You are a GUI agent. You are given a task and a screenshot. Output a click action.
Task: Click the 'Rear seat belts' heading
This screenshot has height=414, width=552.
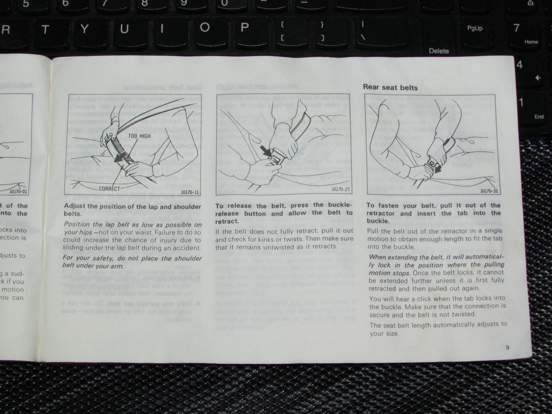point(390,87)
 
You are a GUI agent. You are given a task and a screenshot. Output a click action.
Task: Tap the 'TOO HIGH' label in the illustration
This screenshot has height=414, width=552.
point(139,136)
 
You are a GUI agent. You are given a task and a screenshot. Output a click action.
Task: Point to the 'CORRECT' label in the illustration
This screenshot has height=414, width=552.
point(109,188)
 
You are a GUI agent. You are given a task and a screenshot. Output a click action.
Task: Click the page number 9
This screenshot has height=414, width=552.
point(507,347)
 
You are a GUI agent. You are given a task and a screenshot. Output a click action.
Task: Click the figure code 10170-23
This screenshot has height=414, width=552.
point(341,189)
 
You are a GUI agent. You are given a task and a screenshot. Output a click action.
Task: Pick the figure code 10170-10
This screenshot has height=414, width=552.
point(489,191)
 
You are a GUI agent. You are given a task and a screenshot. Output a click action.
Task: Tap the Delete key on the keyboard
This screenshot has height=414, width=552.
point(439,51)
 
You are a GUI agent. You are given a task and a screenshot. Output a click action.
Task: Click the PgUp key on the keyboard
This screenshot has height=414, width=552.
point(475,28)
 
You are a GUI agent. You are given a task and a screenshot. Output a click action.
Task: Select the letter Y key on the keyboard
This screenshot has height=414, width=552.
point(84,29)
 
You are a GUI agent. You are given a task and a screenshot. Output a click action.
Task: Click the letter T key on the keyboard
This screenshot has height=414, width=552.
point(45,29)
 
